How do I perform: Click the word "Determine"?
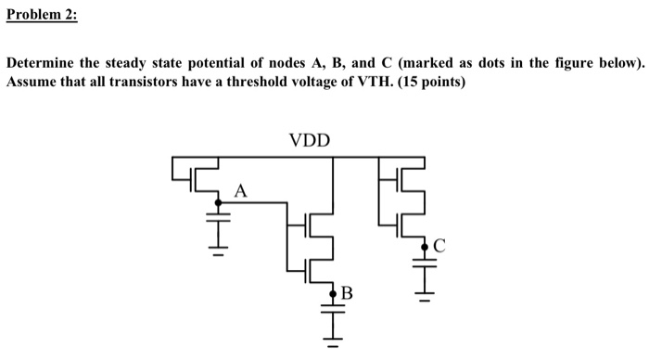41,63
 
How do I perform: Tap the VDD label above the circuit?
309,142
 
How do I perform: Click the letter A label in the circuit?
241,191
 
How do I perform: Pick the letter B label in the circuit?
347,295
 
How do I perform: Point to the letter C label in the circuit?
439,246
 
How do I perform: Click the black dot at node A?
219,201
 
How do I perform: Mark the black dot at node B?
332,295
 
